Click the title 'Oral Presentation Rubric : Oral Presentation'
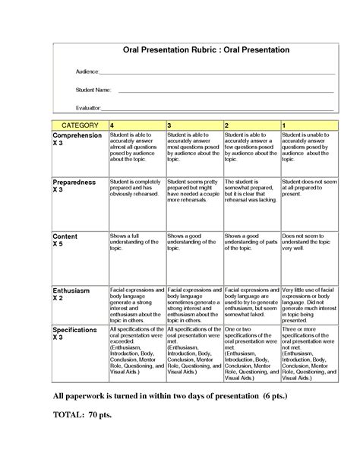tap(207, 50)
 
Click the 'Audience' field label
tap(87, 71)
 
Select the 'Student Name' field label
tap(92, 90)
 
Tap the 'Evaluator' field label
tap(88, 109)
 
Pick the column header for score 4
tap(113, 124)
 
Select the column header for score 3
tap(169, 124)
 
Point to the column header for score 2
tap(226, 124)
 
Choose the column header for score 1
tap(284, 124)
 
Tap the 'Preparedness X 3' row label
tap(74, 187)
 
